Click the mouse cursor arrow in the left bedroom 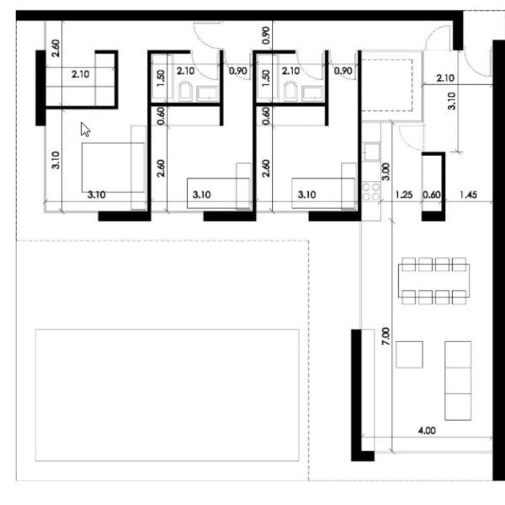(85, 130)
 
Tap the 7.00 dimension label (385, 336)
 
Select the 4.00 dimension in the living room (427, 430)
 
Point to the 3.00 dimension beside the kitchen (385, 172)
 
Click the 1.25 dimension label (404, 195)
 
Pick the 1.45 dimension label (469, 195)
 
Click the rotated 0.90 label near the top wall (266, 35)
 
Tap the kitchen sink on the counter (371, 151)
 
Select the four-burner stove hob (371, 192)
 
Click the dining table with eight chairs (433, 281)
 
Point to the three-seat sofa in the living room (458, 380)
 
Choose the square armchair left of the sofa (409, 354)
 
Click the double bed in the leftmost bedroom (113, 167)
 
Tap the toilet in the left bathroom (185, 91)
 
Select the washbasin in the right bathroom (312, 93)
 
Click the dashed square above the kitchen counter (387, 85)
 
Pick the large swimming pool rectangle (167, 396)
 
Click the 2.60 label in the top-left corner (56, 48)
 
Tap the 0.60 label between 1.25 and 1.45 (431, 195)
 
